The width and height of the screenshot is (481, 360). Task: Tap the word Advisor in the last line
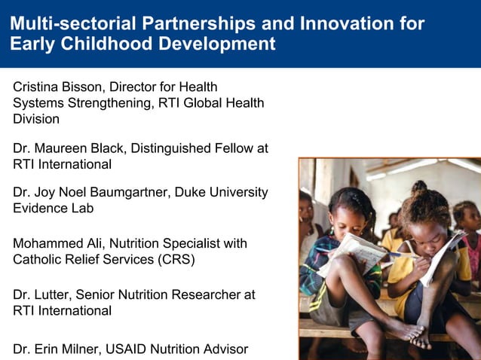pos(223,348)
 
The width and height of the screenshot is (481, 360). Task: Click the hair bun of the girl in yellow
pos(420,187)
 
